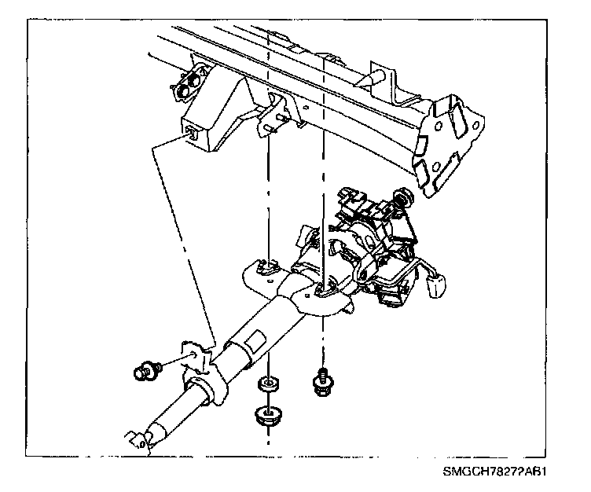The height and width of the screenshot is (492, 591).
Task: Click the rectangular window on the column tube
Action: tap(256, 343)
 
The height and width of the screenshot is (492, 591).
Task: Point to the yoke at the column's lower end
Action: tap(136, 440)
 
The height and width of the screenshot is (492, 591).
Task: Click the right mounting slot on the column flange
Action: tap(320, 292)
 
